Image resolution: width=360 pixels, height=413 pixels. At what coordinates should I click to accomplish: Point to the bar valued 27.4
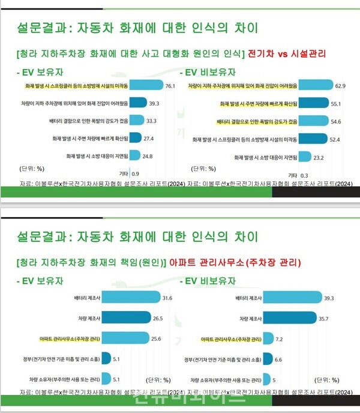point(134,138)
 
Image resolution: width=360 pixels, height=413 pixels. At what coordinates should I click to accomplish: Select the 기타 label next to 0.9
point(120,173)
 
